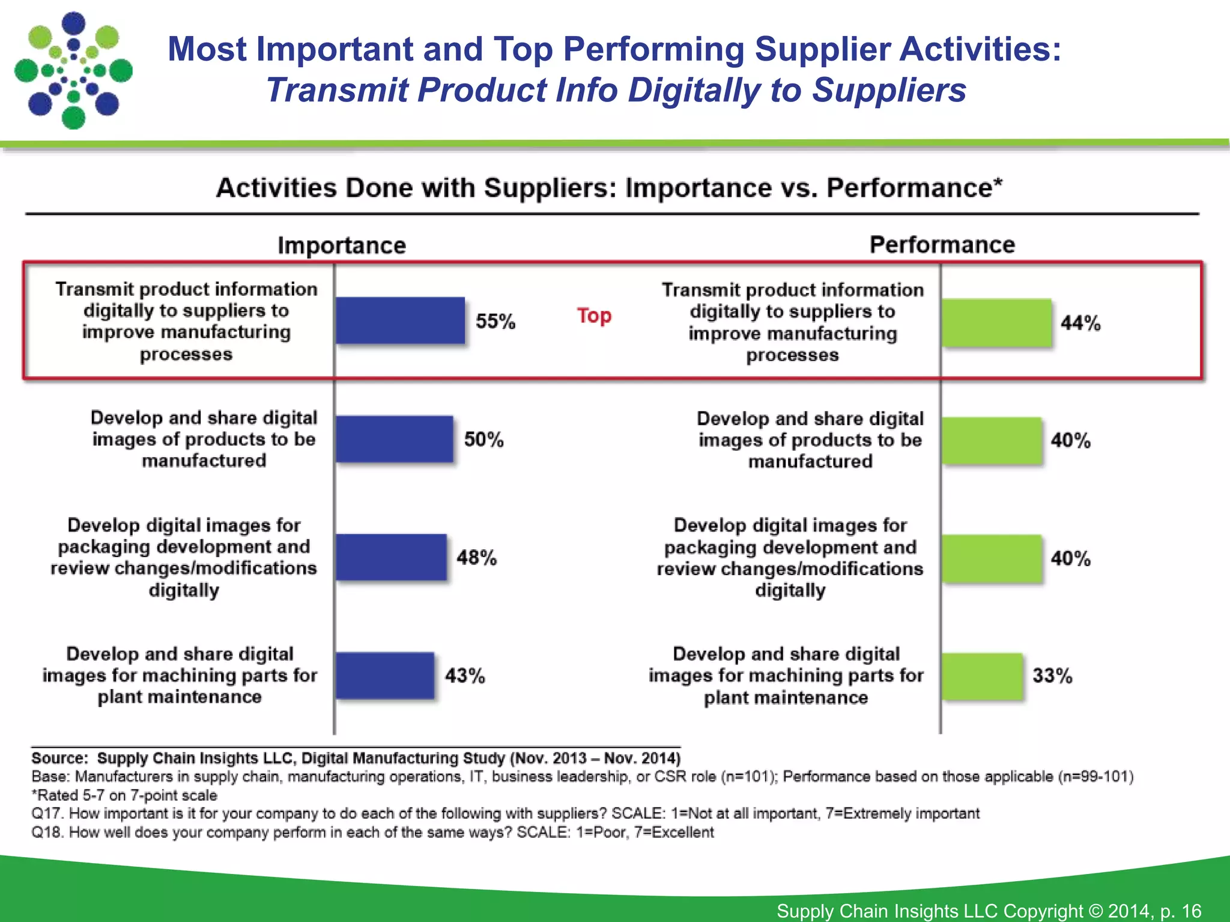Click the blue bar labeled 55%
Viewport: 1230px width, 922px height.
click(x=400, y=321)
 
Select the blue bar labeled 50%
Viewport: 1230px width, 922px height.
click(x=394, y=439)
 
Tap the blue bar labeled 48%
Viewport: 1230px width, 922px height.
click(x=391, y=557)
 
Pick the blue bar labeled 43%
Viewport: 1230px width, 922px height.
click(x=384, y=675)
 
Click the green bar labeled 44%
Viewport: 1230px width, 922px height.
click(x=996, y=322)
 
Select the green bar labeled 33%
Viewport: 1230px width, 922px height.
click(x=981, y=676)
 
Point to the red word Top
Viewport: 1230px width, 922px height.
click(x=594, y=315)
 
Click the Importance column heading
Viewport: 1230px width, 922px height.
click(x=341, y=246)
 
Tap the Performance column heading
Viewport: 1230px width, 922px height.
click(x=942, y=245)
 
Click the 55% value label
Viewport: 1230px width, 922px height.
click(x=495, y=321)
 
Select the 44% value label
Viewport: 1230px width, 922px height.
click(x=1080, y=323)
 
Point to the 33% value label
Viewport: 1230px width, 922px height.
click(x=1052, y=676)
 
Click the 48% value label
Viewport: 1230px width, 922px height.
click(x=476, y=558)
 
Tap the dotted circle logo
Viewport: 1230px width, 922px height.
click(x=73, y=70)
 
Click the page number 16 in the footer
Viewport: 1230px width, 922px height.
click(x=1191, y=911)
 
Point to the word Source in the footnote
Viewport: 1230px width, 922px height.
click(x=58, y=758)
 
